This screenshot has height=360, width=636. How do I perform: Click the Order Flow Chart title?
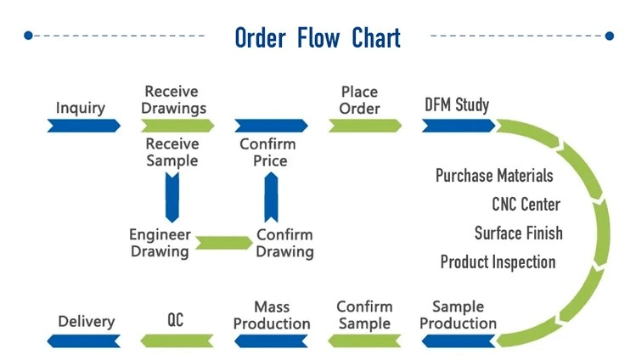coord(317,37)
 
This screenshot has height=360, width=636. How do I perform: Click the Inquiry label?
coord(81,108)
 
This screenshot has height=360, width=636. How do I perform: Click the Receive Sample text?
coord(172,152)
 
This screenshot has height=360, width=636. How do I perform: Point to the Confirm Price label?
coord(267,152)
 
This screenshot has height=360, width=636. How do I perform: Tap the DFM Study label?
coord(457,105)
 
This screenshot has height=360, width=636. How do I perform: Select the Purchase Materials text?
coord(494,176)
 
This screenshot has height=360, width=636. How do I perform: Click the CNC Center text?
coord(526,204)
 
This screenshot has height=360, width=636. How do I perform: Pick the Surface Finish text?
coord(518,233)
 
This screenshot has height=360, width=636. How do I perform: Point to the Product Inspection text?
coord(498,262)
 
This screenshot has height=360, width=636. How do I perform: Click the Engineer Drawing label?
coord(160,243)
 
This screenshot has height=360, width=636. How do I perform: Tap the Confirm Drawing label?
coord(284,243)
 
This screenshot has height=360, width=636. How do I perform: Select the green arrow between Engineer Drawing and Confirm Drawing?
coord(222,244)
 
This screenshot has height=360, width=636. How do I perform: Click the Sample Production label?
coord(458,314)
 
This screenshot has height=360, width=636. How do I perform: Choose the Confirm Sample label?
coord(364,314)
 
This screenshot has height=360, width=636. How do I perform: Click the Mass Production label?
coord(272,314)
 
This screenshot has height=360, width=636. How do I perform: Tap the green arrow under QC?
coord(176,340)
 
